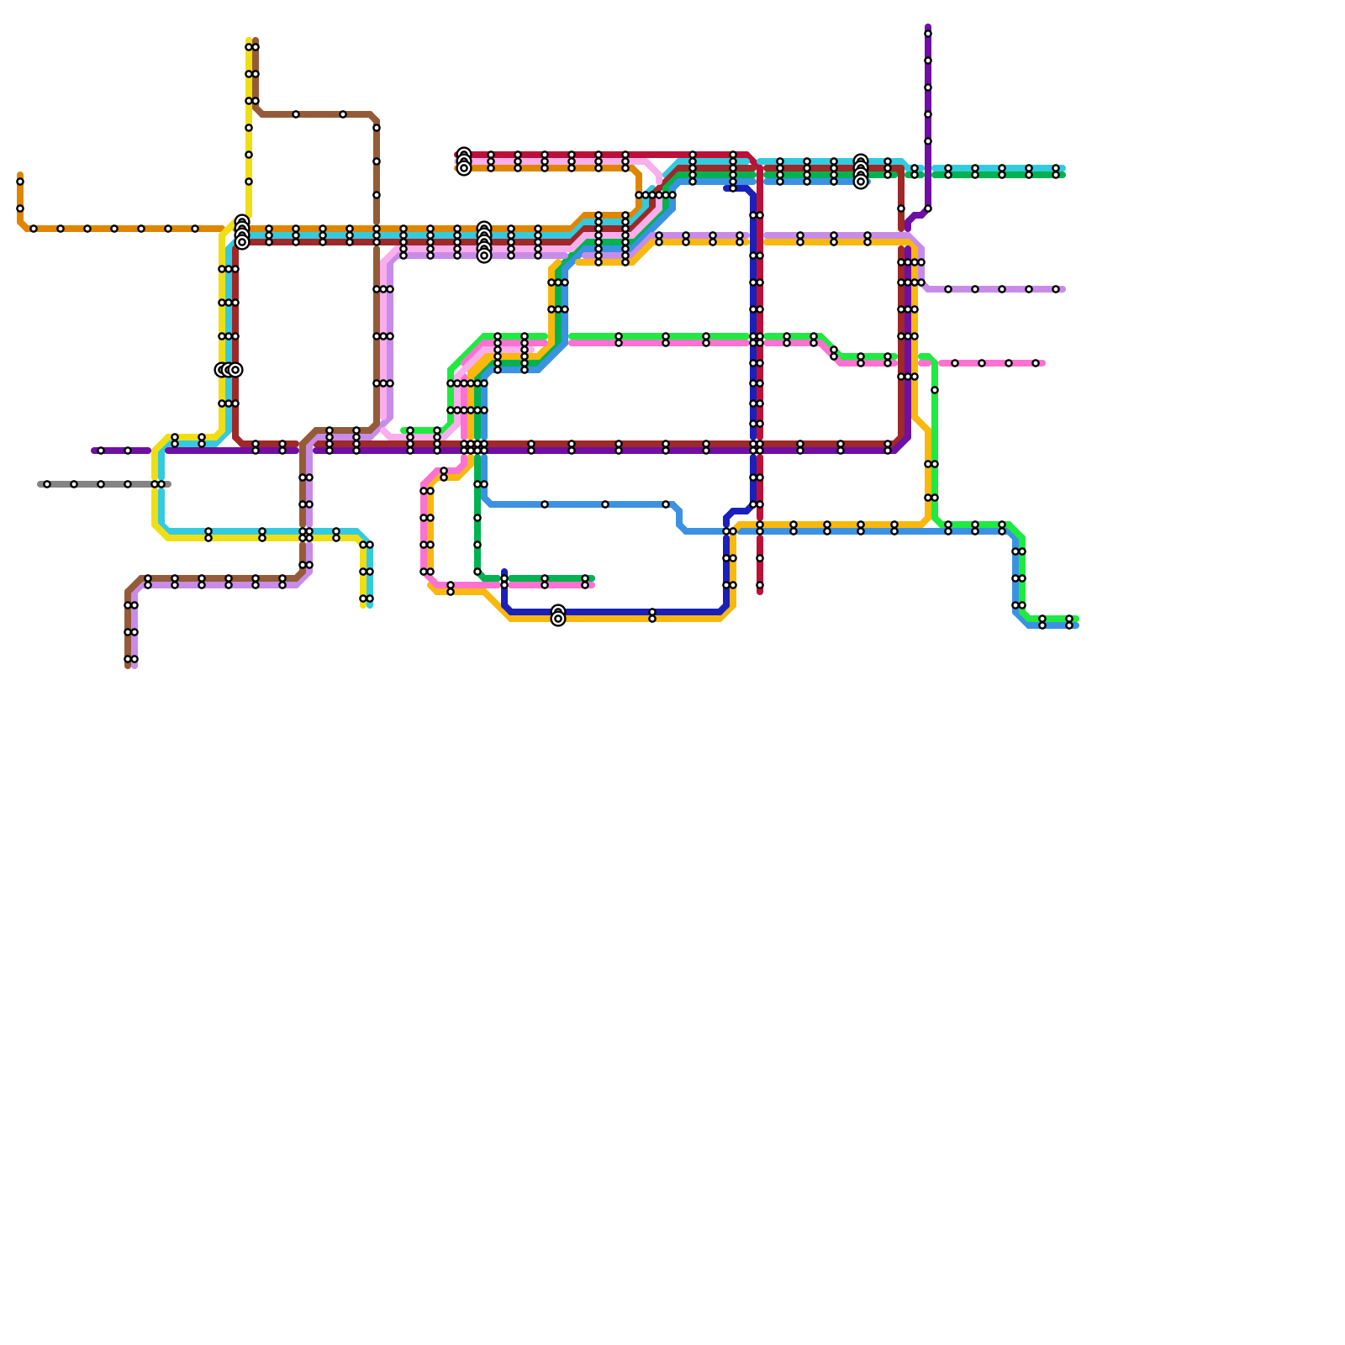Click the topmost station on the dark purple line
click(928, 34)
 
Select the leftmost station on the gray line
click(47, 484)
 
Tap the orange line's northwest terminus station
click(20, 182)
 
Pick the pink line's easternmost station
click(1036, 363)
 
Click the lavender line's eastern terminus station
click(1056, 289)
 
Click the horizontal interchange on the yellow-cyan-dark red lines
click(228, 370)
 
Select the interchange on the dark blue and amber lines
click(558, 616)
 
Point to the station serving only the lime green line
click(935, 390)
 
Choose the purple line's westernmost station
click(101, 451)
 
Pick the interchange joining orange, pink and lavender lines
click(484, 242)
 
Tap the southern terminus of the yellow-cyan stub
click(367, 599)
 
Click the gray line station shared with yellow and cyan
click(158, 484)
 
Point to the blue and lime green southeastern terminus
click(1069, 622)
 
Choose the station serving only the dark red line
click(901, 208)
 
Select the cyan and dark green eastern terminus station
click(1056, 171)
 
